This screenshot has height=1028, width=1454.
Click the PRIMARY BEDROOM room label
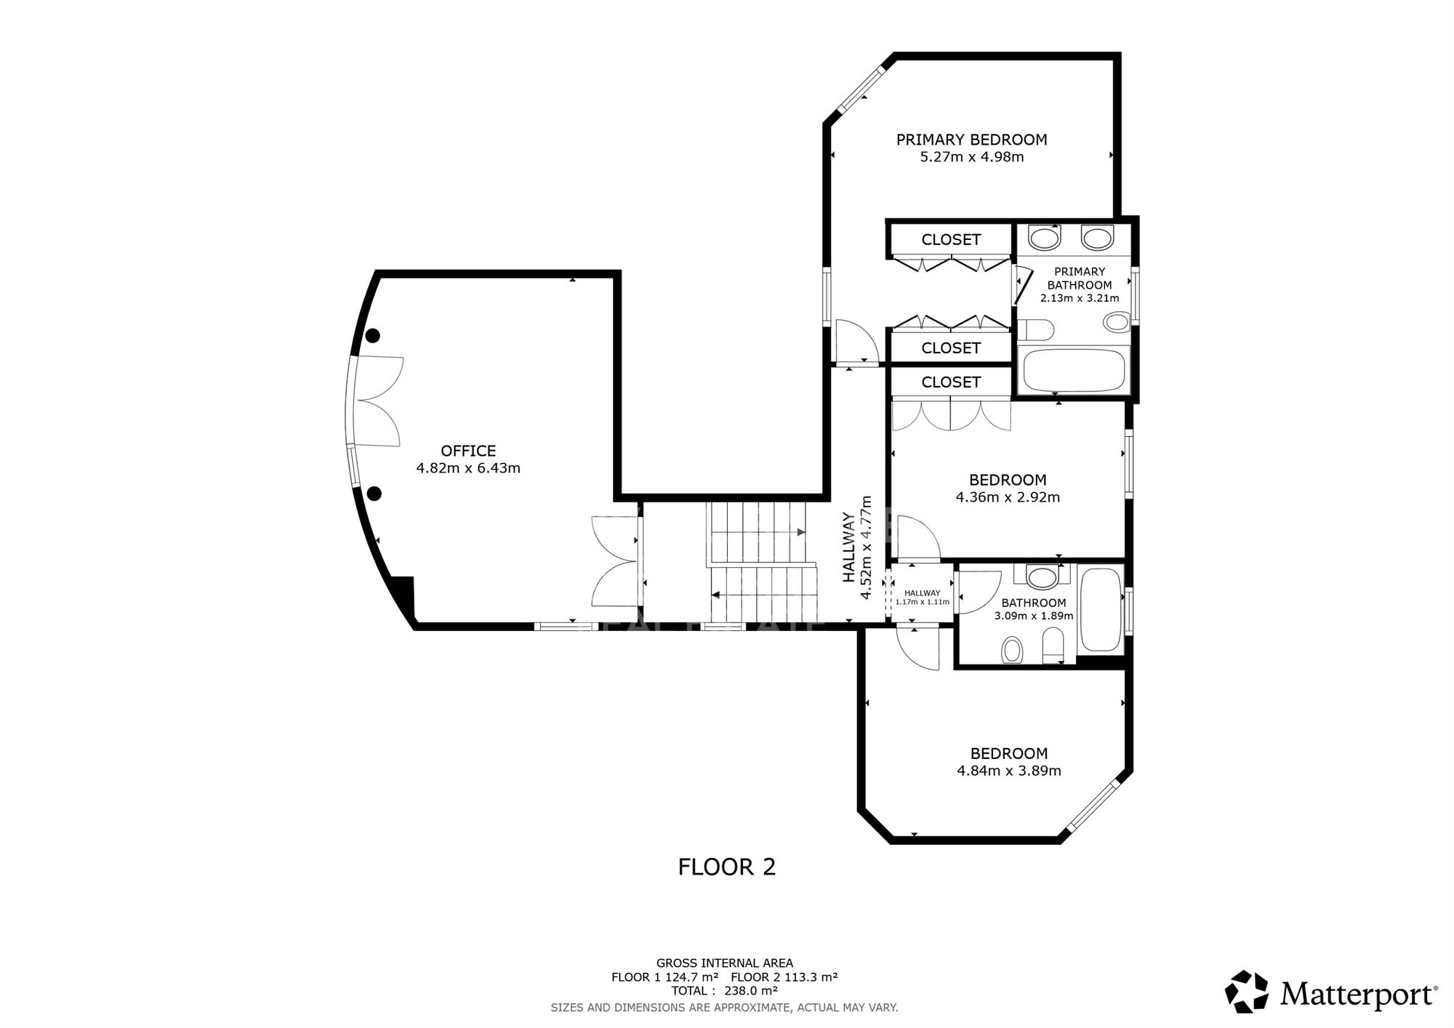(x=971, y=140)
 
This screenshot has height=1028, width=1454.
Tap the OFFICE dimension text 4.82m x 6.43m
(x=468, y=468)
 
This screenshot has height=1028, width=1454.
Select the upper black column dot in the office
(x=373, y=335)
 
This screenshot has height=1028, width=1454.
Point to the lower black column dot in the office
(x=374, y=494)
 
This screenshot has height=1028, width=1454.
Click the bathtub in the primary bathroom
(x=1074, y=370)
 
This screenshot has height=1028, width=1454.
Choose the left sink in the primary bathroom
(x=1045, y=237)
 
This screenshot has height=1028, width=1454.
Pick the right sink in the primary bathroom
(x=1097, y=237)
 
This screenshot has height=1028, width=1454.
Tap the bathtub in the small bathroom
(x=1101, y=609)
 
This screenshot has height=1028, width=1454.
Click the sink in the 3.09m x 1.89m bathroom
(x=1043, y=577)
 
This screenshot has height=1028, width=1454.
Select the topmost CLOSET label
(x=951, y=240)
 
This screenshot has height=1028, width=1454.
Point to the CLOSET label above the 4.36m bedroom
(x=951, y=382)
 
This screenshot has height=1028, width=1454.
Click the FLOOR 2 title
(x=727, y=867)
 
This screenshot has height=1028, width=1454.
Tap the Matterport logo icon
(x=1247, y=992)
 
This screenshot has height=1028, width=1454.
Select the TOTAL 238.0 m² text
(x=724, y=990)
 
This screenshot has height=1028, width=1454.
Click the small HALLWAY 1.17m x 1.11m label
(x=923, y=598)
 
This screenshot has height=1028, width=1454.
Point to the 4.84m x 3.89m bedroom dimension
(x=1009, y=771)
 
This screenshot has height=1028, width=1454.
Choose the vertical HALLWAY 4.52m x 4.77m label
(x=857, y=547)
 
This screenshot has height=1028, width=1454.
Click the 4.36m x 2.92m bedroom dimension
(x=1008, y=498)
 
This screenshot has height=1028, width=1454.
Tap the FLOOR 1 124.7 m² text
(x=665, y=977)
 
